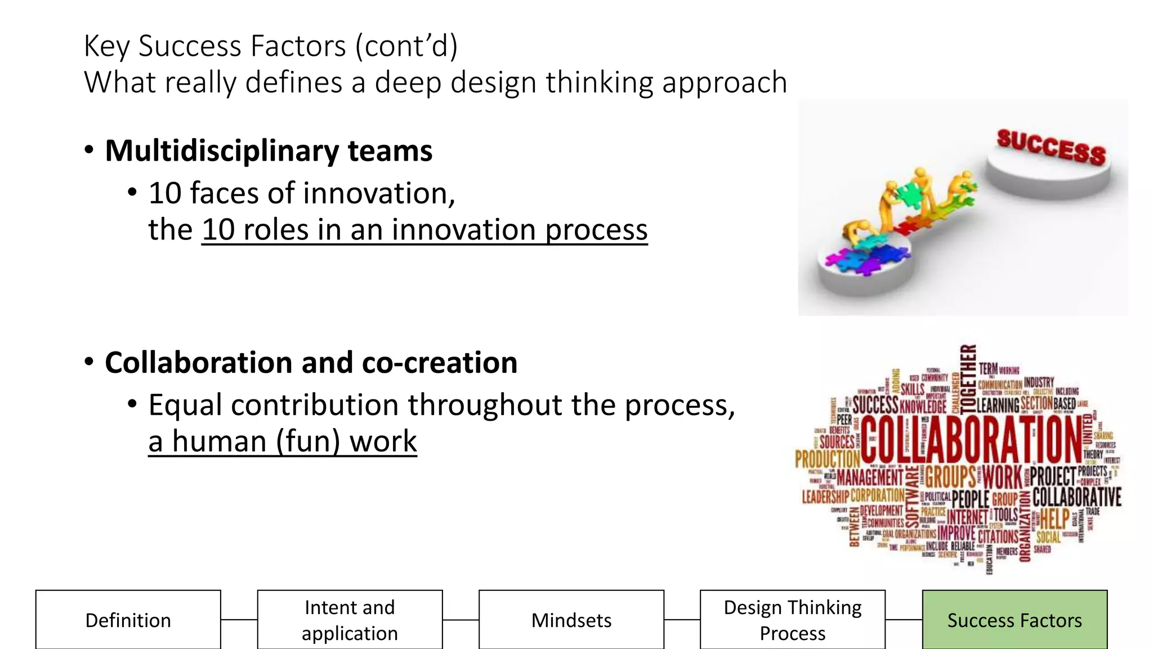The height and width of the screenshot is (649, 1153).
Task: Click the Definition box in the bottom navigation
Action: click(x=128, y=620)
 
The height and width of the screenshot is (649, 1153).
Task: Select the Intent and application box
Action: click(x=350, y=620)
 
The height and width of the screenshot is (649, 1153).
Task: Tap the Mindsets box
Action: click(x=571, y=620)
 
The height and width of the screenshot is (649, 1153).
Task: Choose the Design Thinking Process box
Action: click(x=793, y=620)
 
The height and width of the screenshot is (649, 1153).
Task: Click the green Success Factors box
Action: click(x=1015, y=620)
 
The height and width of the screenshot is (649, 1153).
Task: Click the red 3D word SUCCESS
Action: click(x=1051, y=146)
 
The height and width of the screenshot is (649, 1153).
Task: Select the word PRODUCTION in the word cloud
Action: click(x=827, y=459)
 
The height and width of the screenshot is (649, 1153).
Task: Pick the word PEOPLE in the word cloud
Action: click(x=970, y=499)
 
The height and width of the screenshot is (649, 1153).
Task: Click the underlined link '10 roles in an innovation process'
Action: click(x=424, y=230)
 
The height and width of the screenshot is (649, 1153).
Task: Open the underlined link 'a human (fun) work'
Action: click(x=283, y=441)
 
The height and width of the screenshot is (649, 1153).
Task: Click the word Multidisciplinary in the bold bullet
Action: click(x=222, y=151)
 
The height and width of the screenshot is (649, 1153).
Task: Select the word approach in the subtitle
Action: click(x=725, y=83)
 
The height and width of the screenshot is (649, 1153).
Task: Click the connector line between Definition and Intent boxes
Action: click(x=239, y=620)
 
